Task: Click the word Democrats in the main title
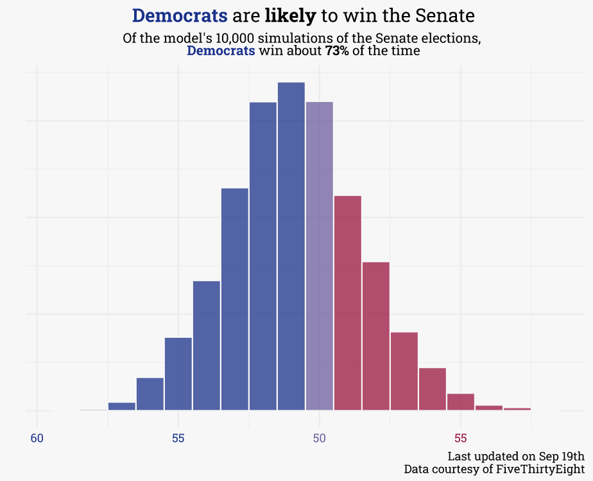[180, 15]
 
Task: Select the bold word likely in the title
[290, 15]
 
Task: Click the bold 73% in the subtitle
[337, 51]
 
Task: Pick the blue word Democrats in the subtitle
[221, 51]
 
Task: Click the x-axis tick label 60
[37, 439]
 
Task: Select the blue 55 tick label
[178, 439]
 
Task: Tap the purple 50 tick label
[320, 439]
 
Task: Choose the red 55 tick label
[461, 439]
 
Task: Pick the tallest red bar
[348, 302]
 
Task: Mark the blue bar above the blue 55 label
[178, 373]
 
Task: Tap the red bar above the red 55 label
[461, 402]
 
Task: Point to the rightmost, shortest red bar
[517, 408]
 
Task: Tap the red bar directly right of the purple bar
[348, 302]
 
